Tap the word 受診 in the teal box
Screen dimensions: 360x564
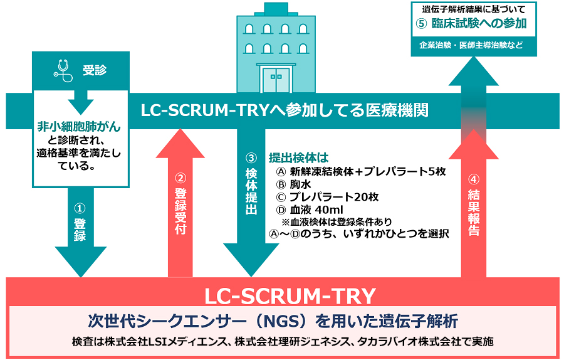pyautogui.click(x=95, y=70)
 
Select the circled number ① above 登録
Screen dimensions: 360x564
pyautogui.click(x=80, y=207)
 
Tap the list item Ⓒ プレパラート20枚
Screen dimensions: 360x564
pyautogui.click(x=326, y=197)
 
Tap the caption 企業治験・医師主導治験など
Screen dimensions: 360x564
pyautogui.click(x=474, y=46)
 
